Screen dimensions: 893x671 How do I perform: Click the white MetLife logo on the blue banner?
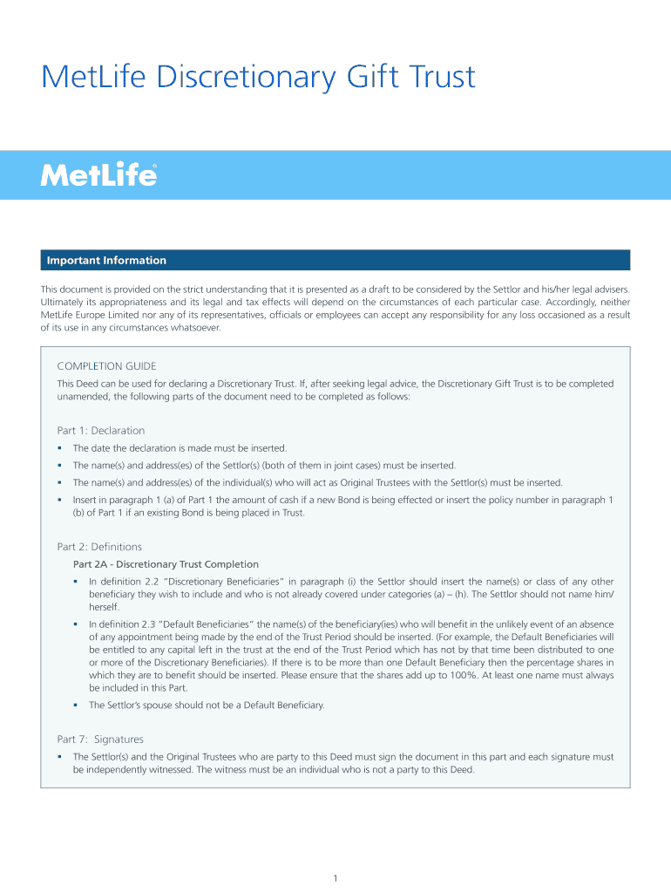tap(98, 175)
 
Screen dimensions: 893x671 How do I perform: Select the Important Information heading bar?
tap(335, 260)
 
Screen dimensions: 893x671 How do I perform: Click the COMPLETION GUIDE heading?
tap(106, 366)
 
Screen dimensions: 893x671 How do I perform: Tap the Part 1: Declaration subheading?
tap(101, 431)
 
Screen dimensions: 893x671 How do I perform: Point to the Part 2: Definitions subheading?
tap(99, 547)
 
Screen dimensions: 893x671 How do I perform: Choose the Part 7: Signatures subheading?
tap(100, 739)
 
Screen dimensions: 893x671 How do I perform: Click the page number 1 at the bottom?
tap(335, 877)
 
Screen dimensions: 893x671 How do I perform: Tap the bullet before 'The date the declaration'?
tap(59, 448)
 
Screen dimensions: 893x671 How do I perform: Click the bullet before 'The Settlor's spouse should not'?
tap(76, 705)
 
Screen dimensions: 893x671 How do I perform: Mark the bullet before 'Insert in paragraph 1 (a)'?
tap(59, 501)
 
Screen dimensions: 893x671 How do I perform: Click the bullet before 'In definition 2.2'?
tap(76, 582)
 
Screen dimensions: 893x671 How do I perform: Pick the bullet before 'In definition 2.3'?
tap(76, 624)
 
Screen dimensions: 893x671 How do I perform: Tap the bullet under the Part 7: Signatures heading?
tap(59, 757)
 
